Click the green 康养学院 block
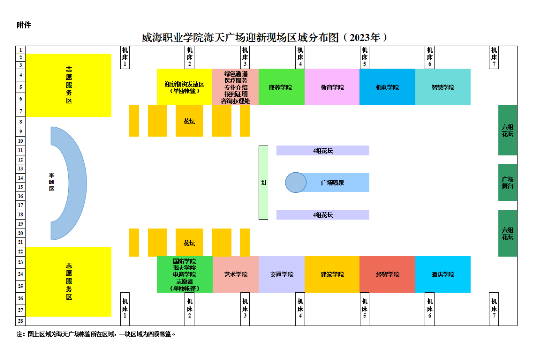281,87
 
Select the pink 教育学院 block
332,87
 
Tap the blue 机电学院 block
387,87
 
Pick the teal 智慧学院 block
443,87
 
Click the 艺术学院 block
236,274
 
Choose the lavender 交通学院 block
281,274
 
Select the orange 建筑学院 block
332,274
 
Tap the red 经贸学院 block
387,274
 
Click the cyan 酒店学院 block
443,274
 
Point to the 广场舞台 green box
508,182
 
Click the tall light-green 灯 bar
264,182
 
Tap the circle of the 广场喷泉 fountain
296,182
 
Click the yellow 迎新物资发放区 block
184,87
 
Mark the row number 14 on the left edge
20,178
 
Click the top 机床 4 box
300,57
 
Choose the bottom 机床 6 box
430,309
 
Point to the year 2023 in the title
360,37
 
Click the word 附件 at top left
24,25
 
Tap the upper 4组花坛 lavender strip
323,150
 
